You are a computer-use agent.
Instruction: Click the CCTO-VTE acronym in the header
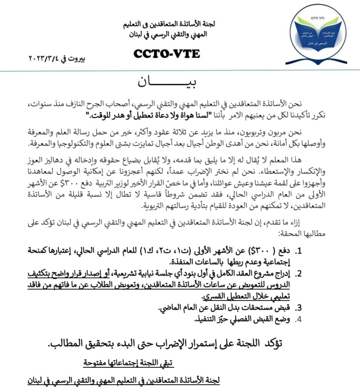[x=166, y=54]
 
